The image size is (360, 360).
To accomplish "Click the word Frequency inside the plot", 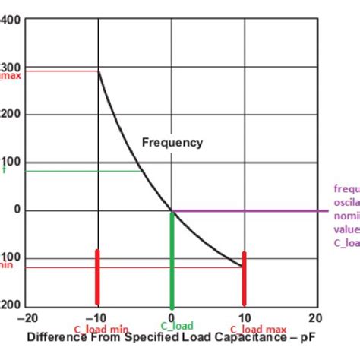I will (x=172, y=142).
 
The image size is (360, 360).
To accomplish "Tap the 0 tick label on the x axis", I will (x=172, y=317).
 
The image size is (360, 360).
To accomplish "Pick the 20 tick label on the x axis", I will (x=315, y=317).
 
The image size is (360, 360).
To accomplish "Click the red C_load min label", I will (x=101, y=329).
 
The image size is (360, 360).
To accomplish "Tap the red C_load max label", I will (x=258, y=329).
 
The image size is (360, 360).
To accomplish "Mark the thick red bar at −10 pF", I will (x=97, y=277).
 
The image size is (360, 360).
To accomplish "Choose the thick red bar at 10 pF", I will (x=244, y=277).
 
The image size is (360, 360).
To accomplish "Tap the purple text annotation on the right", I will (x=346, y=216).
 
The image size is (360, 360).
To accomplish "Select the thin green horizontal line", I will (x=76, y=171).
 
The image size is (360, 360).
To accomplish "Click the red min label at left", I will (x=7, y=264).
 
